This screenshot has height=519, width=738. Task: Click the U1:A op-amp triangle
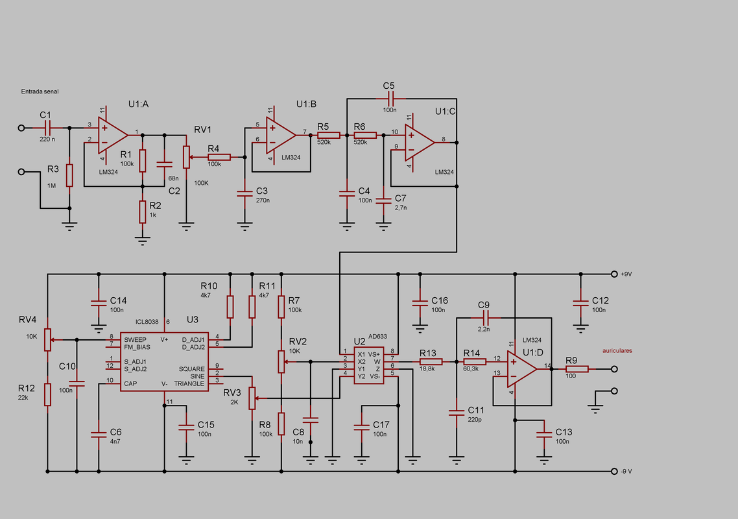(112, 136)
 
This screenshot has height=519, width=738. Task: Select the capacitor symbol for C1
(47, 128)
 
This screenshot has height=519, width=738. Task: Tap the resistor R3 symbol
(69, 176)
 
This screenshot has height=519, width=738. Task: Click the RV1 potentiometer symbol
(186, 157)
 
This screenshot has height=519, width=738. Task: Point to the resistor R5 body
(329, 136)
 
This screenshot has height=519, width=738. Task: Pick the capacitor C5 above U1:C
(389, 99)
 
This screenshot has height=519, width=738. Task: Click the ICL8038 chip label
(147, 322)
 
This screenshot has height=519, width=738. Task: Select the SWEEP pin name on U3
(135, 339)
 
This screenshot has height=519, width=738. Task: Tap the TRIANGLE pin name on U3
(189, 384)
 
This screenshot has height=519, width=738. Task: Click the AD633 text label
(377, 336)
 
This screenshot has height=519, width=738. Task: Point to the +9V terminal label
(626, 274)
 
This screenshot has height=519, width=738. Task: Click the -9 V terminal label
(626, 472)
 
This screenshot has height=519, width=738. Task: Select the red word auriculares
(617, 351)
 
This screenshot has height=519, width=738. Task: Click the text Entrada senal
(40, 91)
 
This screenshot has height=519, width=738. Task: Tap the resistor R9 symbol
(577, 369)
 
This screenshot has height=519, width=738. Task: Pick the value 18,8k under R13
(427, 368)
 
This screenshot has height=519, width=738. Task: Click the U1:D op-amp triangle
(521, 369)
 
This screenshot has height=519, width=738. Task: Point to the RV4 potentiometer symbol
(47, 339)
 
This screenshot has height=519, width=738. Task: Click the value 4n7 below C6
(115, 442)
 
